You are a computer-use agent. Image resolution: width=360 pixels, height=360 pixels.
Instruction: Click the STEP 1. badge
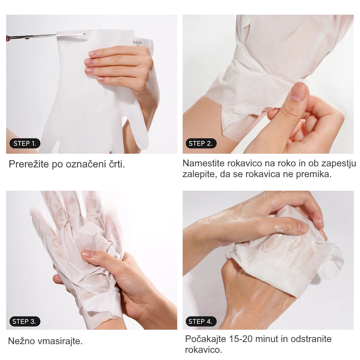(25, 143)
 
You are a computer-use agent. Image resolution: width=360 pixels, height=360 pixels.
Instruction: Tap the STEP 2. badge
(201, 143)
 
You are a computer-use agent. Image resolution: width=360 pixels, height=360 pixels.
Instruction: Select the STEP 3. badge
(25, 321)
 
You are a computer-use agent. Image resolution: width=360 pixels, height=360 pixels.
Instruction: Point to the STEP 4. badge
(201, 321)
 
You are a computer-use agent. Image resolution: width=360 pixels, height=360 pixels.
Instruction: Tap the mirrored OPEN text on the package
(137, 42)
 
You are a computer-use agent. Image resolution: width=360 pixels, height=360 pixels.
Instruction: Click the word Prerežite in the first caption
(29, 164)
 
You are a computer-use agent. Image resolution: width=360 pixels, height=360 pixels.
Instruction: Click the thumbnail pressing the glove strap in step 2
(298, 92)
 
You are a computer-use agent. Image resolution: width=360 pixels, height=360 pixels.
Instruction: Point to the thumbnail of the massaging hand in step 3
(88, 253)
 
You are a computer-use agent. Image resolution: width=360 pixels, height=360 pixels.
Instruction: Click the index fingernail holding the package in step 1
(93, 53)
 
